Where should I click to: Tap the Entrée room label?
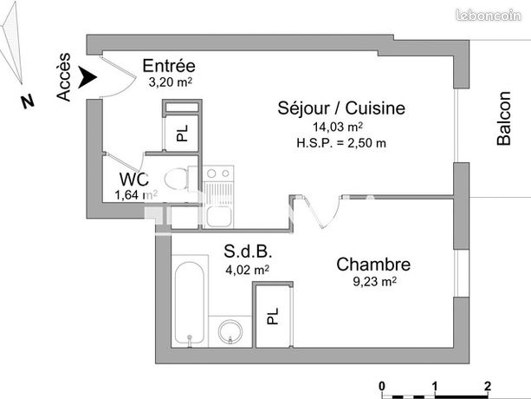coord(169,67)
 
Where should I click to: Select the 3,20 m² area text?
coord(170,82)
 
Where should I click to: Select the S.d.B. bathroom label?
coord(249,252)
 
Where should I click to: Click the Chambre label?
coord(373,265)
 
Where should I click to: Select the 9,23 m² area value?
coord(374,281)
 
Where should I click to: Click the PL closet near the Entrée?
coord(182,133)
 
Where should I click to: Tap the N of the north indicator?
coord(28,101)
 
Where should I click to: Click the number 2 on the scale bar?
coord(488,384)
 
